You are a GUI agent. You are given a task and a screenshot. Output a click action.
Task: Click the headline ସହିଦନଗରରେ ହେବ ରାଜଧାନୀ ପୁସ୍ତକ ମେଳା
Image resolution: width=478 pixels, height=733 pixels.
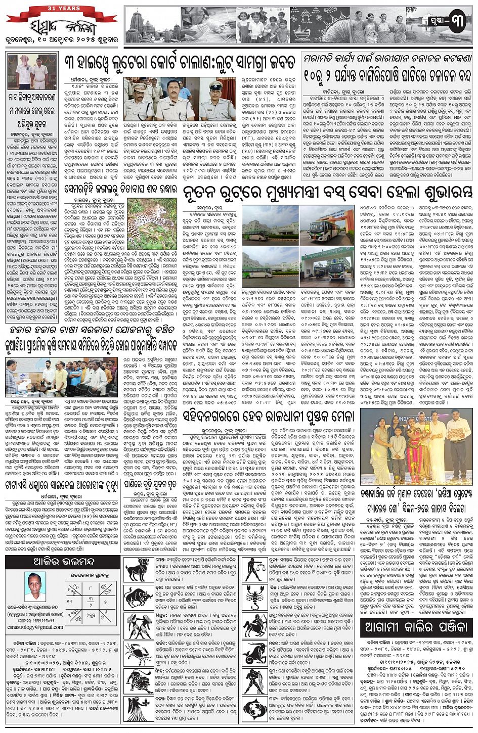(268, 416)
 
